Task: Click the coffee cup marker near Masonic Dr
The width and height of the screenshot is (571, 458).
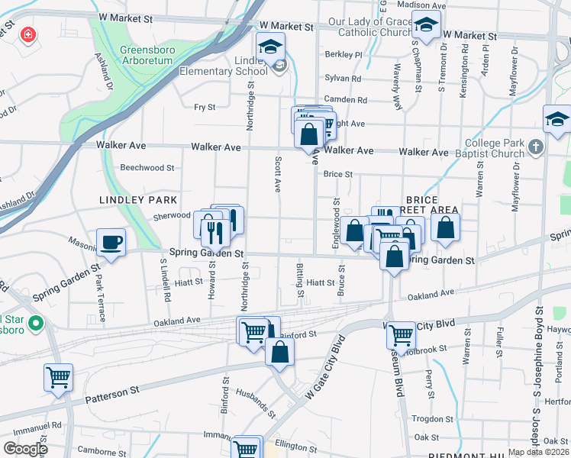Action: (111, 243)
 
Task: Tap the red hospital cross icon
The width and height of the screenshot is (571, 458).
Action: (28, 35)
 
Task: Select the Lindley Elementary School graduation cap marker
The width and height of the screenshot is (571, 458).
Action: (270, 47)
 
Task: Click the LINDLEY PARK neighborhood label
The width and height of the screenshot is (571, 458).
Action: (132, 199)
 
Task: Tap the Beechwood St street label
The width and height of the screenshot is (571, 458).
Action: (147, 167)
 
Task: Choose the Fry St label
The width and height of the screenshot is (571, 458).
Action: (205, 108)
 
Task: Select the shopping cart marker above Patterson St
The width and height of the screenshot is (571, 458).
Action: (58, 377)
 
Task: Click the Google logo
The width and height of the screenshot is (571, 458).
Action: (25, 448)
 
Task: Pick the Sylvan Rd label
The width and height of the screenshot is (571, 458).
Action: (342, 78)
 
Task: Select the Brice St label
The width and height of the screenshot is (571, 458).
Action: (337, 174)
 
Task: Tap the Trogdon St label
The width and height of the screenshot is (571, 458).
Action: (432, 419)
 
